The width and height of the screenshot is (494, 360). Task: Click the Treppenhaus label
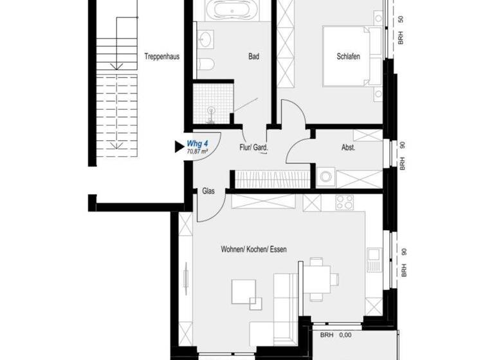click(161, 57)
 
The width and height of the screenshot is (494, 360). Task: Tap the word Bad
click(254, 57)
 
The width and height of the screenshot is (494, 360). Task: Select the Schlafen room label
click(348, 57)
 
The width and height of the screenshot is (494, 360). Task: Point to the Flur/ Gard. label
click(253, 147)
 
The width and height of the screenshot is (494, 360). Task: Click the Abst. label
click(348, 147)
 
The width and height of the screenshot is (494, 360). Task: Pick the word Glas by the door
click(208, 191)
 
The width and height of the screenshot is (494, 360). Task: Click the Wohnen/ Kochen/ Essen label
click(253, 249)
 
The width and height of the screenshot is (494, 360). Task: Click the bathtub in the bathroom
click(233, 11)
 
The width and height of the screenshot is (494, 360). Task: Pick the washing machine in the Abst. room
click(325, 176)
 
